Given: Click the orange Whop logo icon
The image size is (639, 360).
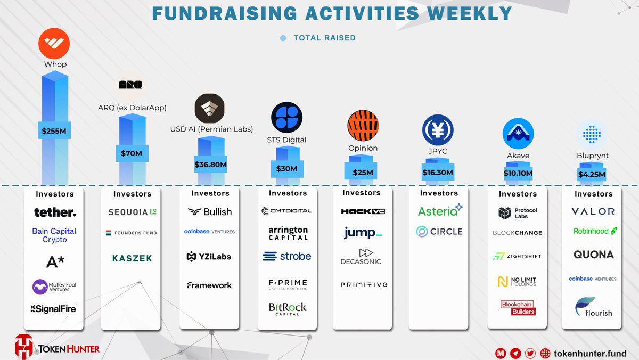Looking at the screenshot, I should point(54,44).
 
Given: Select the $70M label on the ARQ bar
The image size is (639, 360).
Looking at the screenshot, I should point(132,154).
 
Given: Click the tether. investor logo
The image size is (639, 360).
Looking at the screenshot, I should point(55,212).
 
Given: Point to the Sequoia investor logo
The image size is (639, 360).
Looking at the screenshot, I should point(132,212).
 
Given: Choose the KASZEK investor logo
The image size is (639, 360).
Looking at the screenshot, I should point(132,258).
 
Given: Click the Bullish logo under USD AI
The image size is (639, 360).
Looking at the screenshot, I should point(210,212).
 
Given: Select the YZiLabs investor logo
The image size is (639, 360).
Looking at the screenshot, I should point(209,257).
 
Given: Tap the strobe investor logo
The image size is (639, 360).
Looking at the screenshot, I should point(287,256).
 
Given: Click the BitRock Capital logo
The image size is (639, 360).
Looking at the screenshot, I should point(288,308).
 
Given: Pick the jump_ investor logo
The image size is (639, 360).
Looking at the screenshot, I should point(363,233).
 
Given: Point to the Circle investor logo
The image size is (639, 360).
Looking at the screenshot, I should point(439,232).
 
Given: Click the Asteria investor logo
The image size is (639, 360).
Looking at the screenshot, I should point(440,211).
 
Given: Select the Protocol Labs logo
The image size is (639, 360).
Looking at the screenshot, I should point(518,213).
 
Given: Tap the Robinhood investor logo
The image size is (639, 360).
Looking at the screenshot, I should point(595,231).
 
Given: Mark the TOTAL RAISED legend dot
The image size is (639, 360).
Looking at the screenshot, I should point(283,38).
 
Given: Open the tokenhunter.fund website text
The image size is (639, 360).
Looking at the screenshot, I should point(590,353).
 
